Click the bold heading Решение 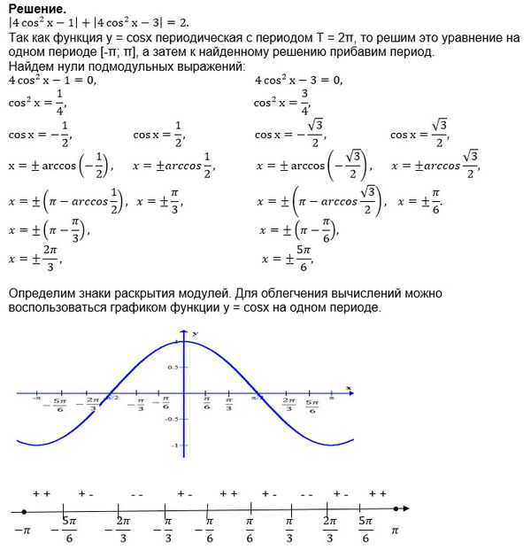34,8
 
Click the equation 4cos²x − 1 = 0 50,80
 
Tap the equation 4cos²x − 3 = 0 298,80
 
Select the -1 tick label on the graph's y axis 175,445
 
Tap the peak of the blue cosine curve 181,341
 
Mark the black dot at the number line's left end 24,511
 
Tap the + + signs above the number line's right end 378,492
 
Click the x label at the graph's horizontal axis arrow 350,388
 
